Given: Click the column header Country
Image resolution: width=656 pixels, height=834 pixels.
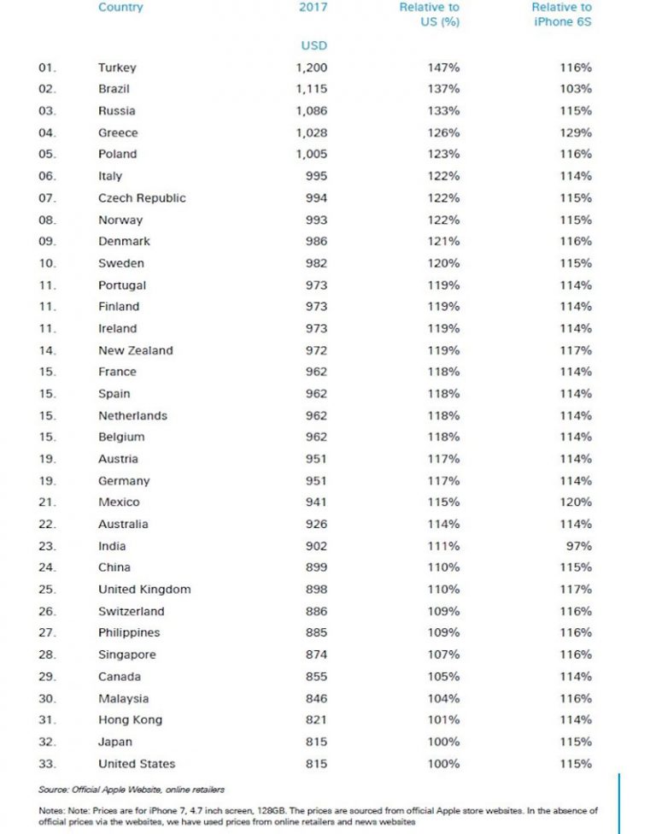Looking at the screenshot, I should pos(120,8).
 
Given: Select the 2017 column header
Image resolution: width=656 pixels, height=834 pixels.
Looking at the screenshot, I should pos(313,8).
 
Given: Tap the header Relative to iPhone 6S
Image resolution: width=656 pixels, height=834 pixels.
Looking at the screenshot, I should pos(561,15).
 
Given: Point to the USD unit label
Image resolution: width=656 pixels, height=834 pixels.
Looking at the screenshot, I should pos(313,45).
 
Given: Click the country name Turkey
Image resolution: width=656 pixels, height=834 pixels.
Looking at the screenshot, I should pos(117,68).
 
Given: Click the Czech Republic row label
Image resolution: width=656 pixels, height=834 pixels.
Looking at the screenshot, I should pos(142,197).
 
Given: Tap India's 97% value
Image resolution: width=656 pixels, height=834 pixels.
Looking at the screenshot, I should pos(581,546).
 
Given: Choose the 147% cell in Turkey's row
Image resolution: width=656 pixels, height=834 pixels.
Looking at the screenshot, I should pos(444,68).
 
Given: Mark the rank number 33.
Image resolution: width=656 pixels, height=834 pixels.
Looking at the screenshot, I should pos(47,764).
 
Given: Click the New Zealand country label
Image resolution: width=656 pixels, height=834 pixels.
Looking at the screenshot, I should pos(135,350).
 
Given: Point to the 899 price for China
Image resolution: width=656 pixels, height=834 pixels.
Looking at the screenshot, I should pos(316,567).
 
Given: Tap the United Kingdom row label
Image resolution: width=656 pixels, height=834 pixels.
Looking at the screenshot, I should pos(144,590).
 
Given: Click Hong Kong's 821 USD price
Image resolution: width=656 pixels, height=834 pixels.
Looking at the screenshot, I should pos(316,720).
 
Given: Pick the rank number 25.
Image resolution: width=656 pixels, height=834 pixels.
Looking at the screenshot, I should pos(47,590).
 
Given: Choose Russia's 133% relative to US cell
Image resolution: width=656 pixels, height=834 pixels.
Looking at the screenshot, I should pos(444,111).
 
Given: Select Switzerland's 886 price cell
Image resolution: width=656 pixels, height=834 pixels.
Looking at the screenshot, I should pos(316,612).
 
